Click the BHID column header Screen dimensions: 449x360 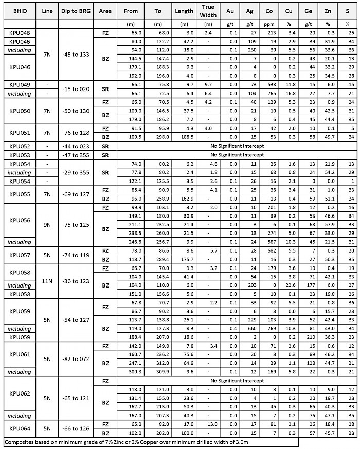(20, 10)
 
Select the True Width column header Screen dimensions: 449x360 (208, 10)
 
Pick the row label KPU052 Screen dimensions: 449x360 (20, 147)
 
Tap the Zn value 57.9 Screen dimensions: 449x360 (317, 225)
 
